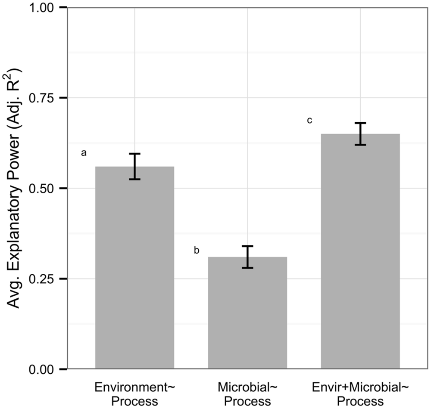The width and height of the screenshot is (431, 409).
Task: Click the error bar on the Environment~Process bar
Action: pyautogui.click(x=134, y=166)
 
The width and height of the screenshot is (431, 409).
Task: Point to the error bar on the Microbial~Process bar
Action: pyautogui.click(x=247, y=257)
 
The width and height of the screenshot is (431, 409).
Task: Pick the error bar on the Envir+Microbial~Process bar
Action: pyautogui.click(x=360, y=134)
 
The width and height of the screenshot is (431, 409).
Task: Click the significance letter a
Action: pyautogui.click(x=84, y=153)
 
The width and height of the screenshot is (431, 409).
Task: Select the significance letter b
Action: pyautogui.click(x=197, y=251)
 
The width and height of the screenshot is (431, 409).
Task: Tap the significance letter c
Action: pyautogui.click(x=309, y=121)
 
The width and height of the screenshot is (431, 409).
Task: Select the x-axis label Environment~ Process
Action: pyautogui.click(x=134, y=394)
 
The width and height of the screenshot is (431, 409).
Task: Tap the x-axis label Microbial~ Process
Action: pyautogui.click(x=247, y=394)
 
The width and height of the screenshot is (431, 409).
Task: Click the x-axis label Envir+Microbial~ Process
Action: pyautogui.click(x=360, y=394)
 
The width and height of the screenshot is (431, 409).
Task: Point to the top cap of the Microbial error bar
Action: pyautogui.click(x=247, y=246)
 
